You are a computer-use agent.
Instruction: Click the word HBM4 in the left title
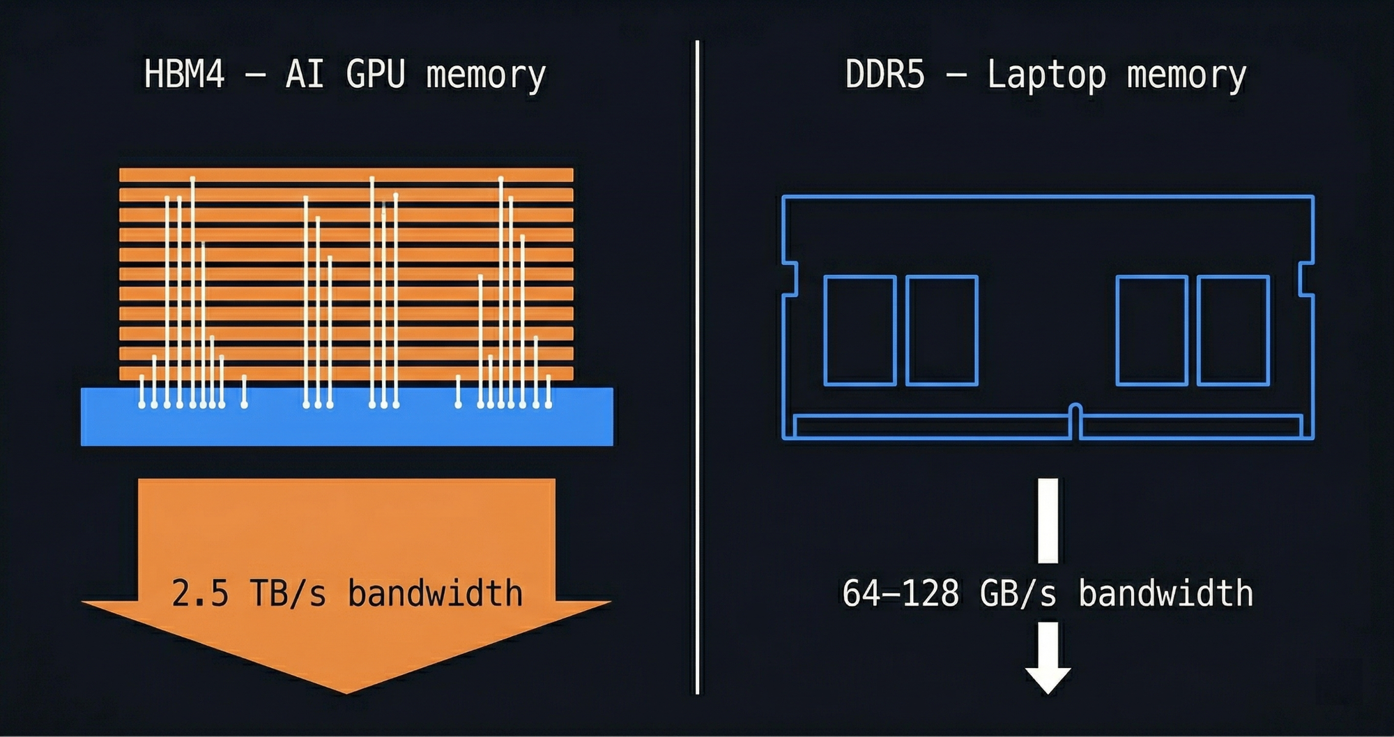[x=185, y=74]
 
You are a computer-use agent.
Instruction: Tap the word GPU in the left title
[x=375, y=74]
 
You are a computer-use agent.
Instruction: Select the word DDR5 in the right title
[x=884, y=74]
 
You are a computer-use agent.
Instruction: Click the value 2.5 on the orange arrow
[x=200, y=593]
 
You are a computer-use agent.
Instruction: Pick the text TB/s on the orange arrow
[x=288, y=593]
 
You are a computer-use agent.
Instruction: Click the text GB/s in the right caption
[x=1018, y=593]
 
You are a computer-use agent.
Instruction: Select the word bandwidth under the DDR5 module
[x=1165, y=593]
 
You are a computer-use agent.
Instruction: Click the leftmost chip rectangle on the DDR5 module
[x=859, y=330]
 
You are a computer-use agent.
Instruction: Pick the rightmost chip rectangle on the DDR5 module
[x=1232, y=330]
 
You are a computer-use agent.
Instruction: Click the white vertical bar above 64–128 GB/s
[x=1048, y=520]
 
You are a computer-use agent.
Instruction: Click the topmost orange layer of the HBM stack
[x=346, y=174]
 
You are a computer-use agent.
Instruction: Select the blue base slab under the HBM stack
[x=346, y=425]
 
